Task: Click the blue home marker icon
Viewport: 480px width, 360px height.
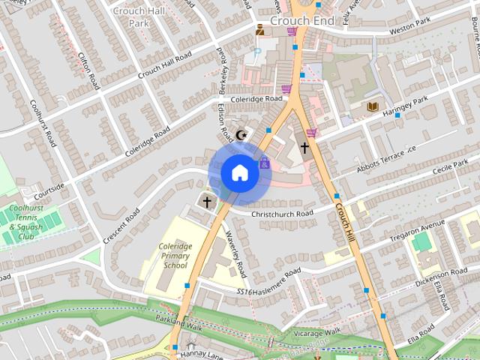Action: (239, 172)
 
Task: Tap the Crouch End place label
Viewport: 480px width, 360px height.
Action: (301, 21)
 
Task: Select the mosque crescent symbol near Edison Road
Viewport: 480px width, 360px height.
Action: (241, 135)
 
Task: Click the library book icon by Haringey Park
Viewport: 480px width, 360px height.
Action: (372, 107)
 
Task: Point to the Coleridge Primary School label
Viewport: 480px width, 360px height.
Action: (175, 256)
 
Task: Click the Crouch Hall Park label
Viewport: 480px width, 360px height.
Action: (128, 16)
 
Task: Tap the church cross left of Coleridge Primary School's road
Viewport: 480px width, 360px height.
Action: (207, 202)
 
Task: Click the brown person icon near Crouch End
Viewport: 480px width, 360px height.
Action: (259, 30)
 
